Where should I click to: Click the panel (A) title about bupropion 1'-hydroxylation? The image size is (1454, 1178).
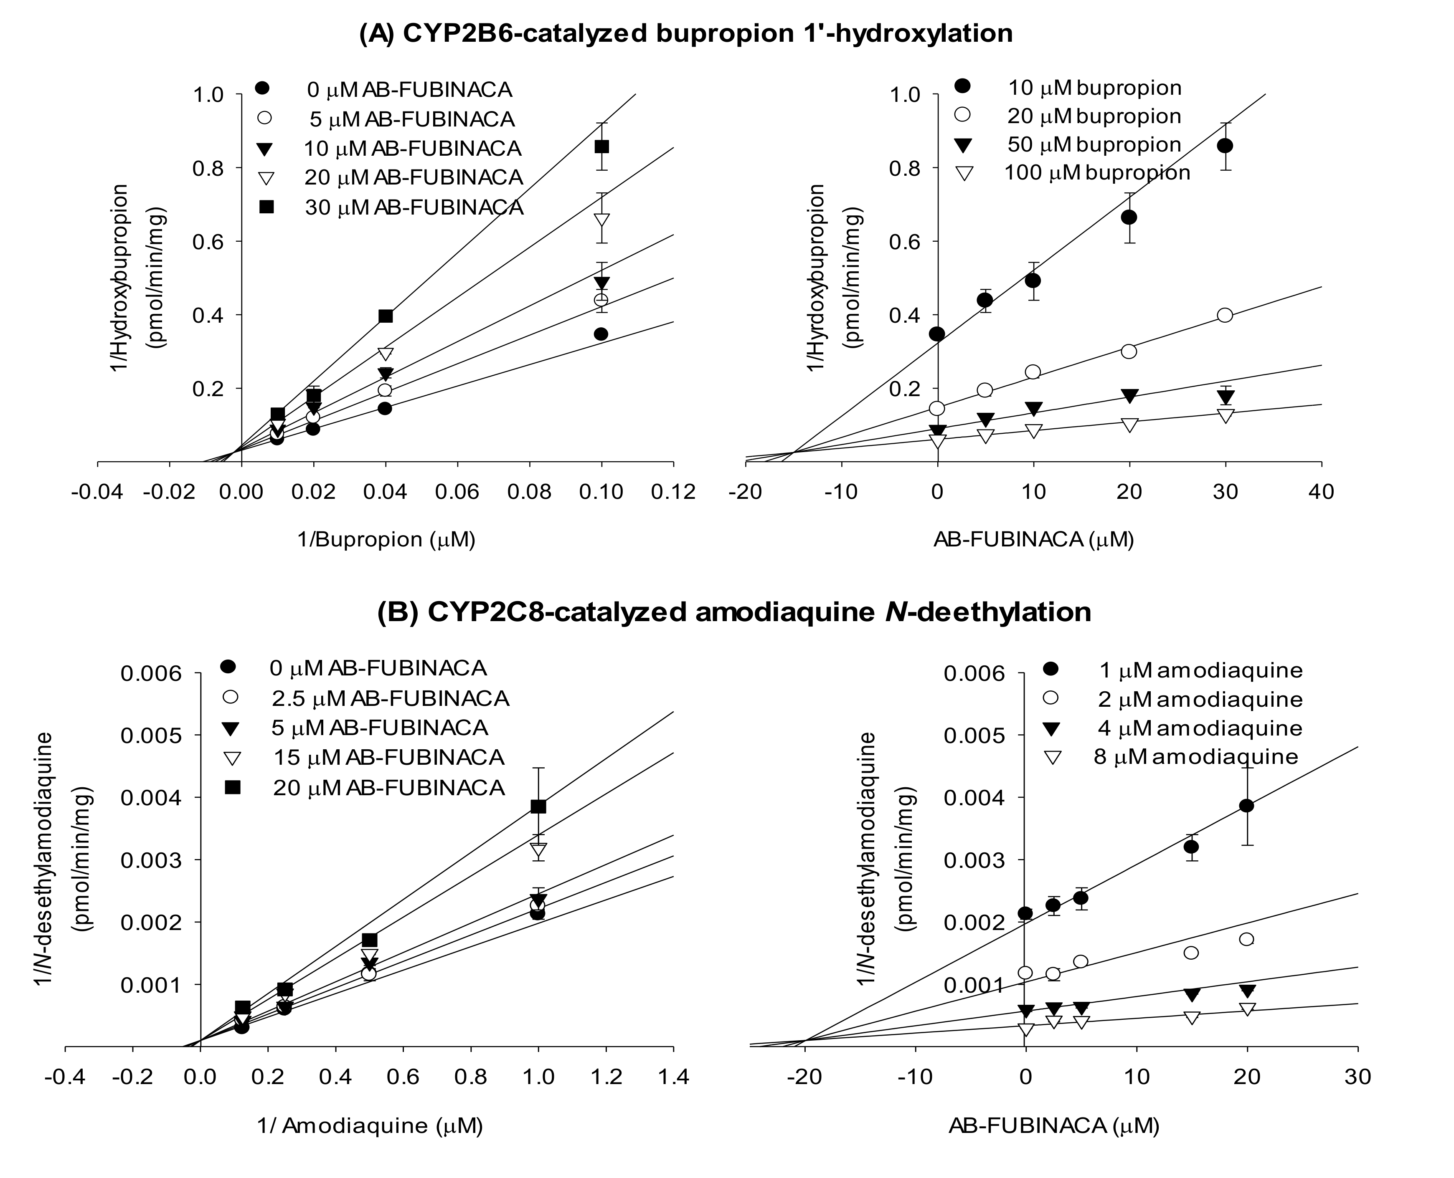[685, 33]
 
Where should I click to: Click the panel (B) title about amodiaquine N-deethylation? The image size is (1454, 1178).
[734, 612]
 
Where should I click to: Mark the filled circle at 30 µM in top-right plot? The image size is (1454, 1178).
[1225, 146]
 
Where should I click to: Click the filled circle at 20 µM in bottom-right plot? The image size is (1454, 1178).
[1246, 806]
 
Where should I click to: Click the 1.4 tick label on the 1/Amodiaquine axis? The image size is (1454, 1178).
[672, 1077]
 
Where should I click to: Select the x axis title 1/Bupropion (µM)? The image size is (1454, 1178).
[386, 539]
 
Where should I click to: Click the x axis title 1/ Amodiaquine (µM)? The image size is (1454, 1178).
[370, 1126]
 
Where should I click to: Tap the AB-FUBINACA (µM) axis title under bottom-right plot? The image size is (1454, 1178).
[1053, 1126]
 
